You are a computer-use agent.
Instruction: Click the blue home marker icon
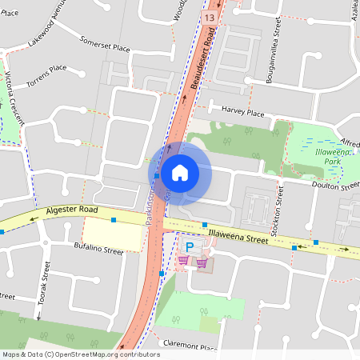pyautogui.click(x=180, y=172)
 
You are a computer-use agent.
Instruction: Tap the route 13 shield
pyautogui.click(x=210, y=16)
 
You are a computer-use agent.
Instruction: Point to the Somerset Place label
pyautogui.click(x=105, y=44)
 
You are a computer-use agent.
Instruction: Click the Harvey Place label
pyautogui.click(x=243, y=114)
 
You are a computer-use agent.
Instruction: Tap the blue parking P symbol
pyautogui.click(x=190, y=246)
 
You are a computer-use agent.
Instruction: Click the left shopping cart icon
pyautogui.click(x=183, y=260)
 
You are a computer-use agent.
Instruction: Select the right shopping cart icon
pyautogui.click(x=202, y=261)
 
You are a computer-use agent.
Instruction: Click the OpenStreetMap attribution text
pyautogui.click(x=81, y=354)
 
